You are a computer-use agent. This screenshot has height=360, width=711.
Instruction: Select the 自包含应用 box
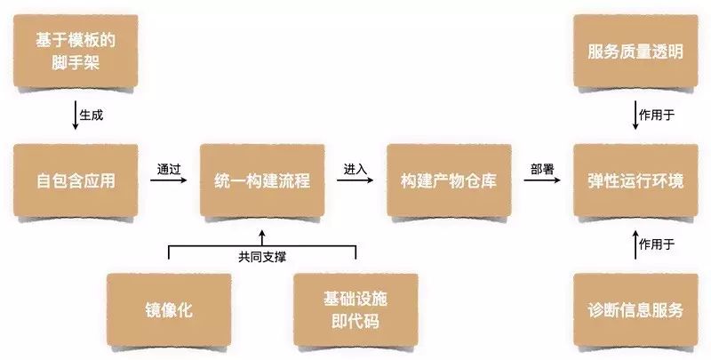(76, 181)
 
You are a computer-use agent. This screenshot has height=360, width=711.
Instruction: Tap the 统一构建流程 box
(262, 181)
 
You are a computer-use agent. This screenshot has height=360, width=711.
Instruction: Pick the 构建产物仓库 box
(449, 181)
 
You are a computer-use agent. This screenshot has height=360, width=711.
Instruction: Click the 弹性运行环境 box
(635, 181)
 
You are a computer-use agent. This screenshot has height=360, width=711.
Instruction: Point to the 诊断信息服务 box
(635, 310)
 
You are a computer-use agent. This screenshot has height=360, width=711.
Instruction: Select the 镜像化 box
(169, 310)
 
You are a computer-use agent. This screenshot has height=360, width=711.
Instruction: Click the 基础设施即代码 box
(355, 310)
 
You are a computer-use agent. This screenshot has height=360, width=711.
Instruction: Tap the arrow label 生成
(92, 116)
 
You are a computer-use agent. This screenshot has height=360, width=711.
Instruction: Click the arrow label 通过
(169, 167)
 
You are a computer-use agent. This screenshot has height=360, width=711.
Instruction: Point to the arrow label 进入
(355, 167)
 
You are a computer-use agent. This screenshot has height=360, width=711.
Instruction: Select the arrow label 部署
(542, 167)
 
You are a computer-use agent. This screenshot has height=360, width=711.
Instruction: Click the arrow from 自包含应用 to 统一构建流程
(169, 181)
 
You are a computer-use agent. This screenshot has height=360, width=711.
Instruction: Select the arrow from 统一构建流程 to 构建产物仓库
(355, 181)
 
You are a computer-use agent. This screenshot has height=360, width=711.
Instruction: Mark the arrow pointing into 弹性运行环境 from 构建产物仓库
(542, 181)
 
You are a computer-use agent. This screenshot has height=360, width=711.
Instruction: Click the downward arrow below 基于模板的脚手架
(75, 116)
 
